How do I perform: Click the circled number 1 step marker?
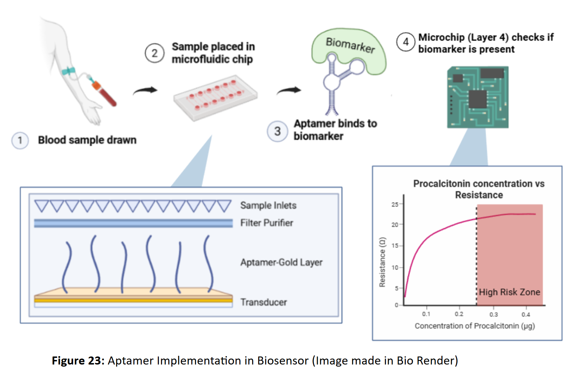click(x=20, y=141)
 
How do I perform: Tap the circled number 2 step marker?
click(x=155, y=53)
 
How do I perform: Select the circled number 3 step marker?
click(x=277, y=131)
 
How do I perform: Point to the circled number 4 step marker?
click(x=406, y=42)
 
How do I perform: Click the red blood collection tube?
click(x=105, y=94)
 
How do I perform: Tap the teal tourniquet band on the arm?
click(x=68, y=71)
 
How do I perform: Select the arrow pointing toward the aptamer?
click(x=289, y=91)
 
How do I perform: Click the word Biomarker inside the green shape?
click(x=350, y=45)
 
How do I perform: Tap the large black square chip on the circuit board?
click(x=478, y=99)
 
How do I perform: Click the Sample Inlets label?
click(x=268, y=205)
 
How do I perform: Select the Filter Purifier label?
click(x=267, y=223)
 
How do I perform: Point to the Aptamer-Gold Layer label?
click(x=281, y=262)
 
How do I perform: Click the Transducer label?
click(x=264, y=302)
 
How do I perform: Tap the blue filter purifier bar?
click(x=133, y=223)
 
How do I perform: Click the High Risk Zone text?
click(x=509, y=292)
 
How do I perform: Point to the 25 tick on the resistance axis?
click(x=395, y=205)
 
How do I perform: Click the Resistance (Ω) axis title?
click(x=382, y=262)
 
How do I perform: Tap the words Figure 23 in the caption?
click(x=78, y=360)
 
